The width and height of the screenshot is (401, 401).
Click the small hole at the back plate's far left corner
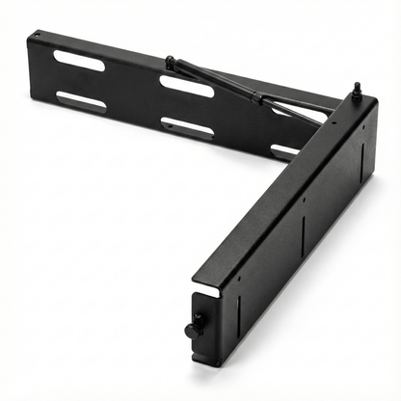click(37, 38)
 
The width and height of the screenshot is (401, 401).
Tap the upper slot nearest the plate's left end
click(80, 61)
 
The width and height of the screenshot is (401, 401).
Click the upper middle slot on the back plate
click(186, 87)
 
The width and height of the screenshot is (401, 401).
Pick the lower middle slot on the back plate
click(187, 126)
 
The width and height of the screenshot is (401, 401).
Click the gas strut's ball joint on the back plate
click(170, 63)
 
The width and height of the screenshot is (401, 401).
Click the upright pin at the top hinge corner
click(355, 90)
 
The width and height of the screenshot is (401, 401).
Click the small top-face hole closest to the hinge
click(332, 122)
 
